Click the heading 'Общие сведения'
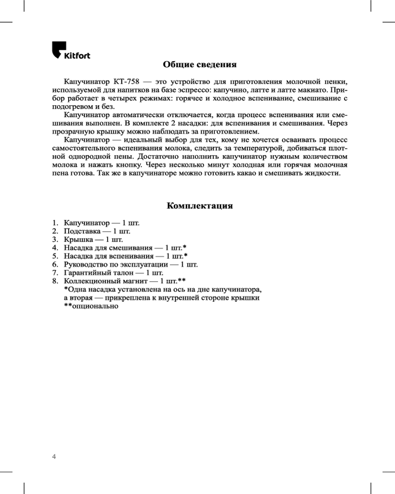(x=200, y=65)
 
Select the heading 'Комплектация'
(x=200, y=206)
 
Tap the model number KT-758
(x=128, y=82)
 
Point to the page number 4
(x=54, y=456)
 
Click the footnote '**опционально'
(x=91, y=306)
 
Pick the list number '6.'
(x=55, y=264)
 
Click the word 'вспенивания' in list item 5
(x=131, y=256)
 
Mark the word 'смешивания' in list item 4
(x=131, y=247)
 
